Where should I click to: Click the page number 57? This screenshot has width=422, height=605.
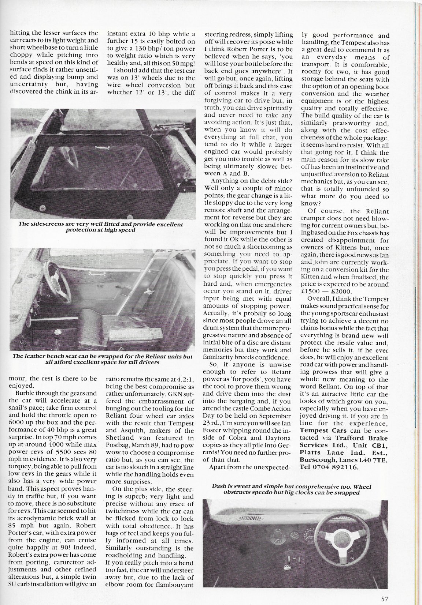[x=384, y=588]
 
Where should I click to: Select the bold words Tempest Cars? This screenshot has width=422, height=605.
[x=318, y=431]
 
